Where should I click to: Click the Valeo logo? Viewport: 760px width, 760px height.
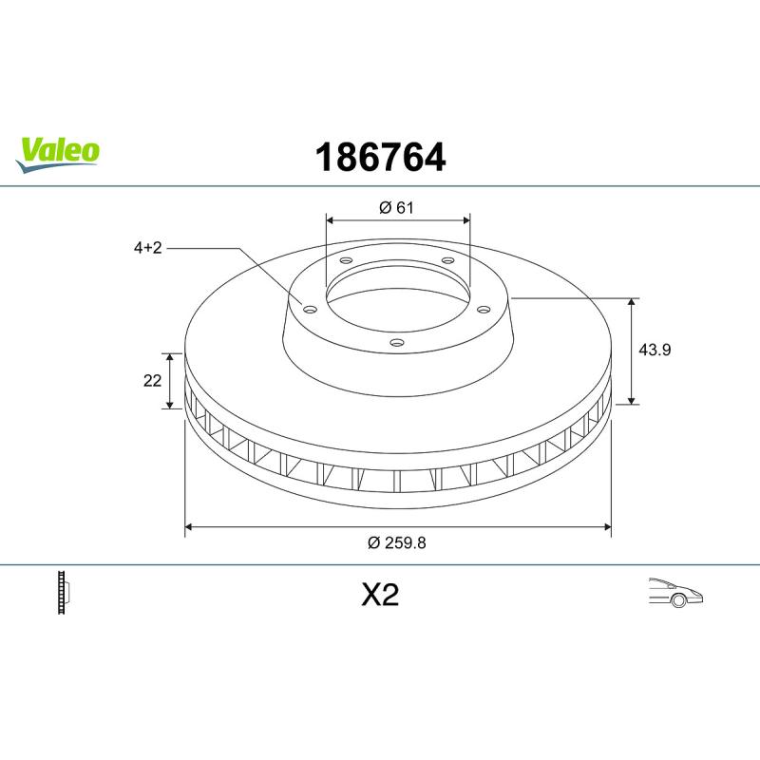coord(58,154)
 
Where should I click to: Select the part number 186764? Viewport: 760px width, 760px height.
coord(381,158)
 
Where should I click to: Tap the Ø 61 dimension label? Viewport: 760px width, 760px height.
coord(396,207)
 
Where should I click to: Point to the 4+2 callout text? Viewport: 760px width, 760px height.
coord(148,248)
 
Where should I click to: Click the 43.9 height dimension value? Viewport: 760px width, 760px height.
coord(655,350)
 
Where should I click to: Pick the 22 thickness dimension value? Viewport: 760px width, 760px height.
coord(152,381)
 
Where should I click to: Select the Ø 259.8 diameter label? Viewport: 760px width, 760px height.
coord(396,542)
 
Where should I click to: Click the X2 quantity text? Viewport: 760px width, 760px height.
coord(381,595)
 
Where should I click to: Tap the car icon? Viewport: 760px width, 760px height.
coord(675,592)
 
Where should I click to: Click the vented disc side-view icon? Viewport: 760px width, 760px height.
coord(64,592)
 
